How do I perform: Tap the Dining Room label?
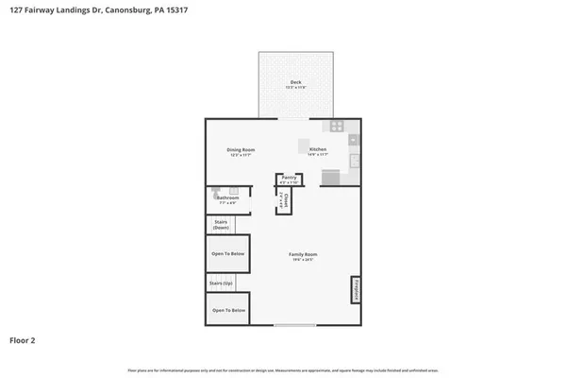(241, 150)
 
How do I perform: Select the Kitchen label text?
(318, 150)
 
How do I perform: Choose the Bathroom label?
(227, 198)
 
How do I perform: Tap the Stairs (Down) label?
(221, 225)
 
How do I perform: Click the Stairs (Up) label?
(220, 282)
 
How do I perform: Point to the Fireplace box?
(356, 289)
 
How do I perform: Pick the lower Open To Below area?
(228, 309)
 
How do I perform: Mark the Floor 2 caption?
(24, 340)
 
